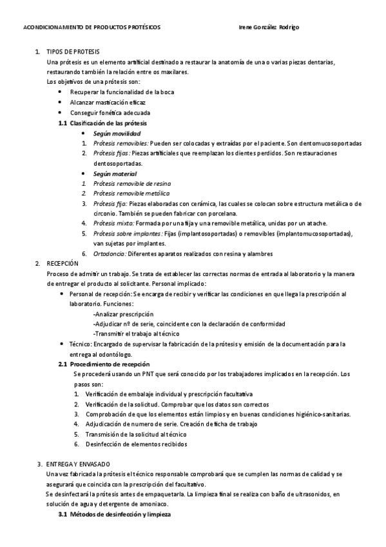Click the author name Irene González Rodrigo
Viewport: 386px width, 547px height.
click(269, 28)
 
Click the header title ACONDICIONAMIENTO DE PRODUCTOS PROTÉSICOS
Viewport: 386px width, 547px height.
click(92, 28)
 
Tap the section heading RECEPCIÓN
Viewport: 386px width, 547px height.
click(63, 264)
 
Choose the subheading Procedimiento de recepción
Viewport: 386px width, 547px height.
click(109, 364)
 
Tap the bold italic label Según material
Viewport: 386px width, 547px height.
click(115, 174)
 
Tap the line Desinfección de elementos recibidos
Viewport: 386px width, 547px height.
click(136, 444)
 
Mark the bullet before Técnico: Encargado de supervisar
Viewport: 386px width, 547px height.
click(60, 344)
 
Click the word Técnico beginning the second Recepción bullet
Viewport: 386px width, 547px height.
click(80, 344)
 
